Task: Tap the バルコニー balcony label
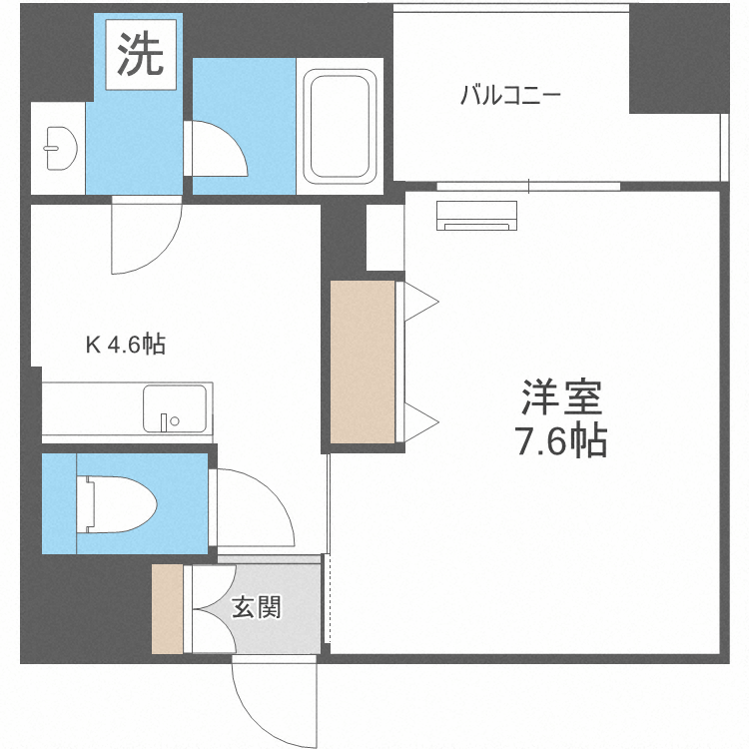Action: point(510,97)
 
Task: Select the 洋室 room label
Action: point(561,399)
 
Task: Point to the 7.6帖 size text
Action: point(561,440)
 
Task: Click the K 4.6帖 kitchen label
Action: point(125,346)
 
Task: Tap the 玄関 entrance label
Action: point(257,607)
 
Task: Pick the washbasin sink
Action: point(58,147)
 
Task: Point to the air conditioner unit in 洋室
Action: point(476,216)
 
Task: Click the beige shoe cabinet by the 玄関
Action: point(167,609)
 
